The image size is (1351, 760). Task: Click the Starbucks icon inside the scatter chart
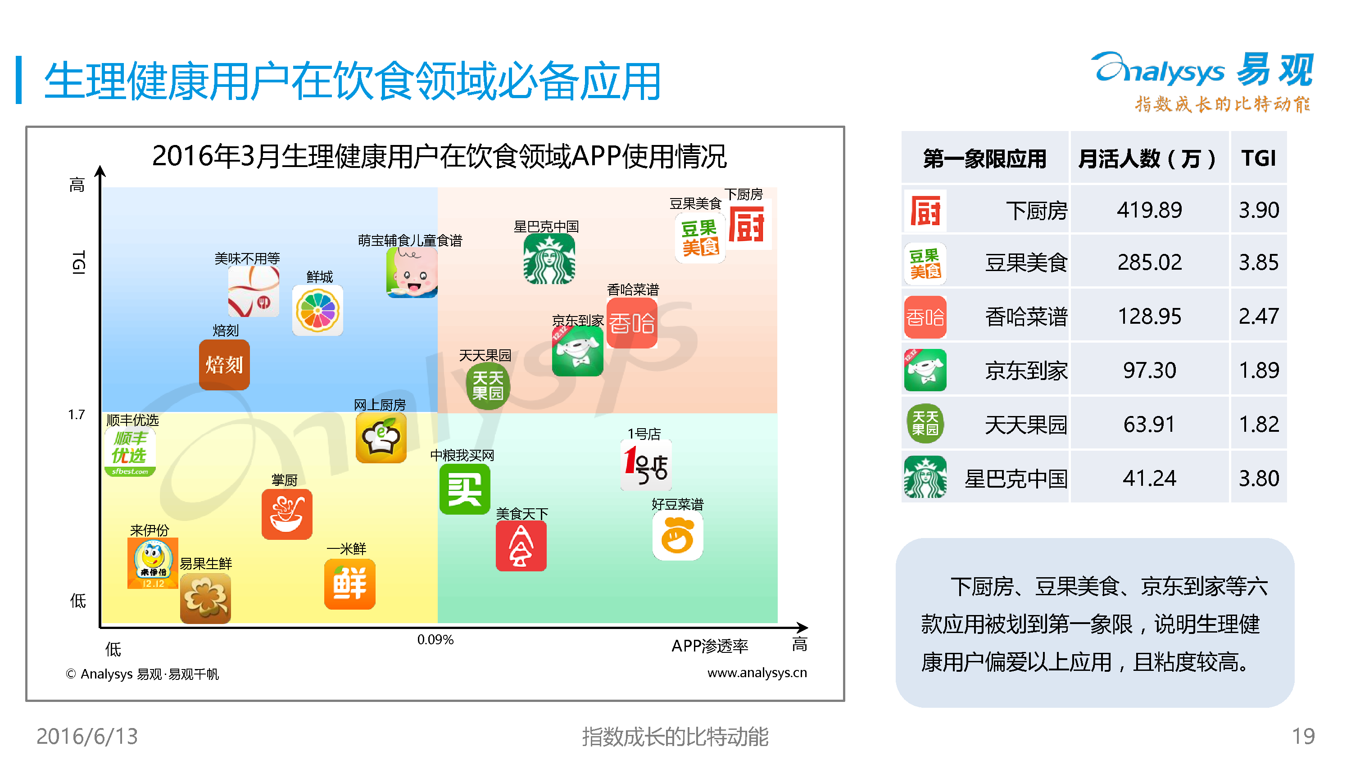(549, 259)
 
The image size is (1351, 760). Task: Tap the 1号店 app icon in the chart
(646, 465)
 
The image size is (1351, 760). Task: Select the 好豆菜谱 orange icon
(678, 535)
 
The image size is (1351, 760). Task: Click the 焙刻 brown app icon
(224, 365)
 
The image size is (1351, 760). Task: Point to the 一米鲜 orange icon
(350, 584)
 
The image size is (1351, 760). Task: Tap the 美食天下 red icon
(521, 546)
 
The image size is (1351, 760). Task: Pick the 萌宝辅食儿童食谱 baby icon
(412, 273)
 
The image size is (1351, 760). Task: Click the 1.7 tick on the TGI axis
(76, 415)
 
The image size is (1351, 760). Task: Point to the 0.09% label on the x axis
(435, 640)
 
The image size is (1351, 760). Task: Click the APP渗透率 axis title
(710, 646)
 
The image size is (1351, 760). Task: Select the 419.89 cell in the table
(1149, 210)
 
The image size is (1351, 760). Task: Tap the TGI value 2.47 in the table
(1259, 316)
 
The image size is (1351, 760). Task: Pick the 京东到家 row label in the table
(1026, 371)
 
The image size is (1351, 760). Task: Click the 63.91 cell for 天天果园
(1149, 424)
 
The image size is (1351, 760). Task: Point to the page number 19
(1303, 737)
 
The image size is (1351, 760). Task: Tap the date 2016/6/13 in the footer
(87, 737)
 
